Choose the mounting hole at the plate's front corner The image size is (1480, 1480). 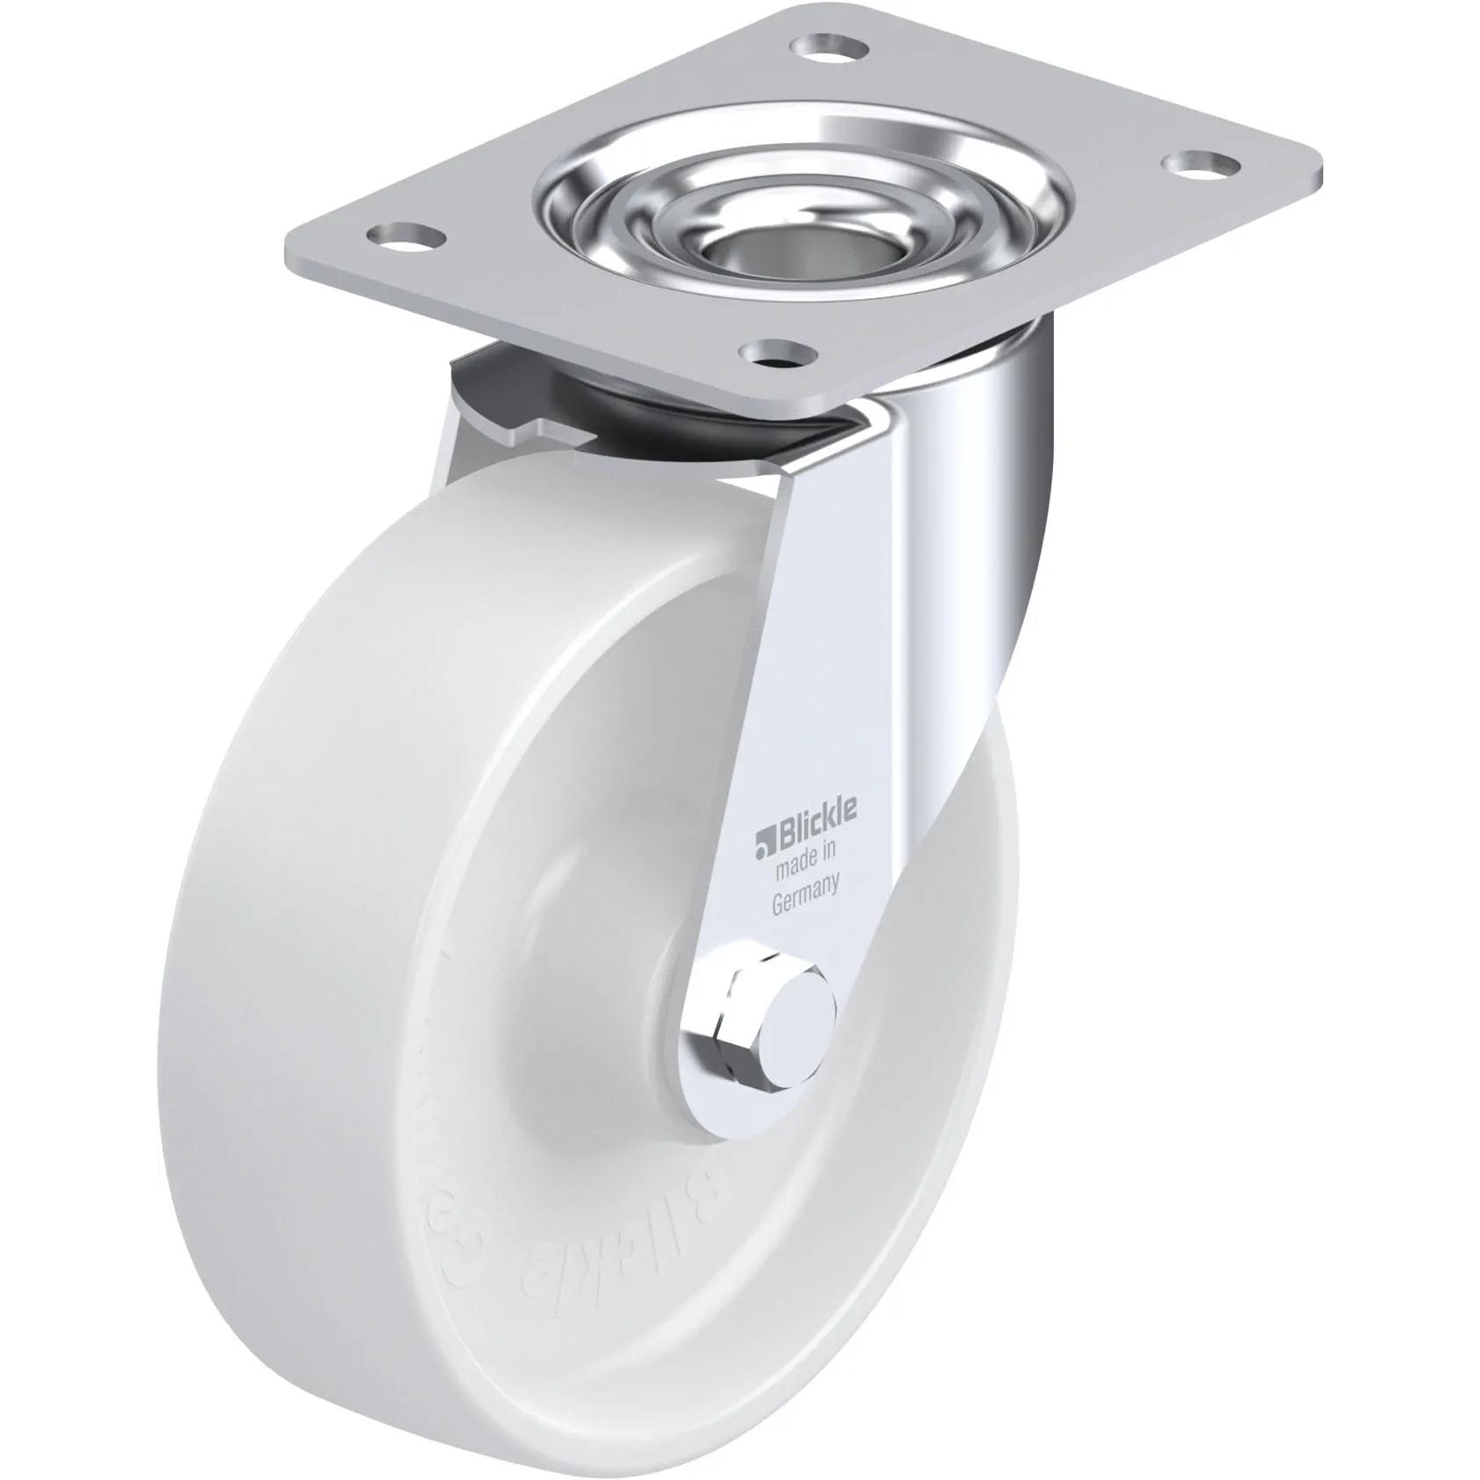tap(776, 354)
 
